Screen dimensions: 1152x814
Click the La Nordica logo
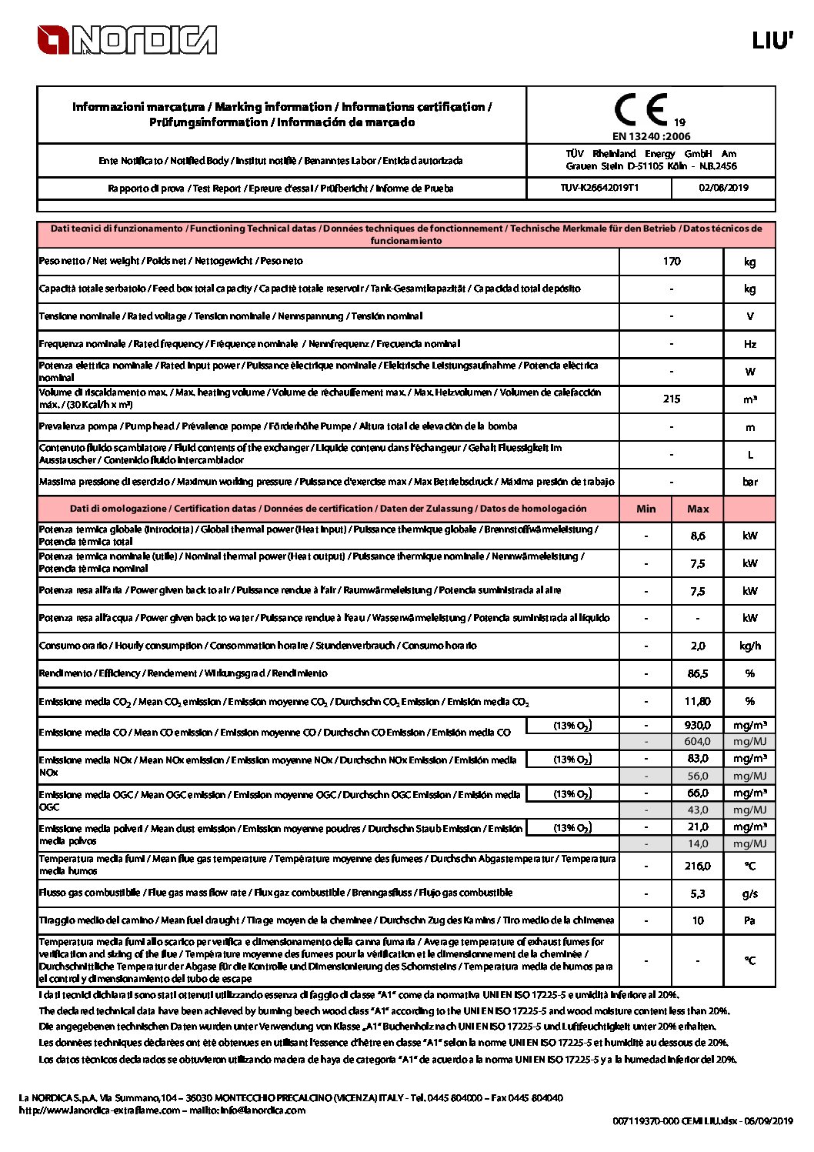click(127, 40)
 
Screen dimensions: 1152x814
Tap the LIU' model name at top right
click(772, 41)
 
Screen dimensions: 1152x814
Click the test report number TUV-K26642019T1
click(599, 188)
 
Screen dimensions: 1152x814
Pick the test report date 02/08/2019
click(723, 188)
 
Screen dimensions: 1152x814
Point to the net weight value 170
click(672, 262)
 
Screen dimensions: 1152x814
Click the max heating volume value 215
click(672, 399)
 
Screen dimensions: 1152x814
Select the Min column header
click(646, 509)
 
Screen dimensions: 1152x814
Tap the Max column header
click(698, 509)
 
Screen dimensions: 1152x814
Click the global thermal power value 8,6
click(698, 536)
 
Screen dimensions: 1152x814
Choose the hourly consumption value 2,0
click(698, 646)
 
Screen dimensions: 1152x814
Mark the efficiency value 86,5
click(698, 674)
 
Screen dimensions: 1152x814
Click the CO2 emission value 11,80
click(698, 702)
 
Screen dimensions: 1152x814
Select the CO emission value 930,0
click(698, 725)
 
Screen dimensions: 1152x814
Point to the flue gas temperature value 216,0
click(698, 867)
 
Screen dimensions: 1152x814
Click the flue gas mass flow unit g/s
click(750, 894)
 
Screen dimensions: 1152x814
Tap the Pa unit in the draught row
click(750, 921)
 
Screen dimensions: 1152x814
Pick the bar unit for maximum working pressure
click(750, 483)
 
